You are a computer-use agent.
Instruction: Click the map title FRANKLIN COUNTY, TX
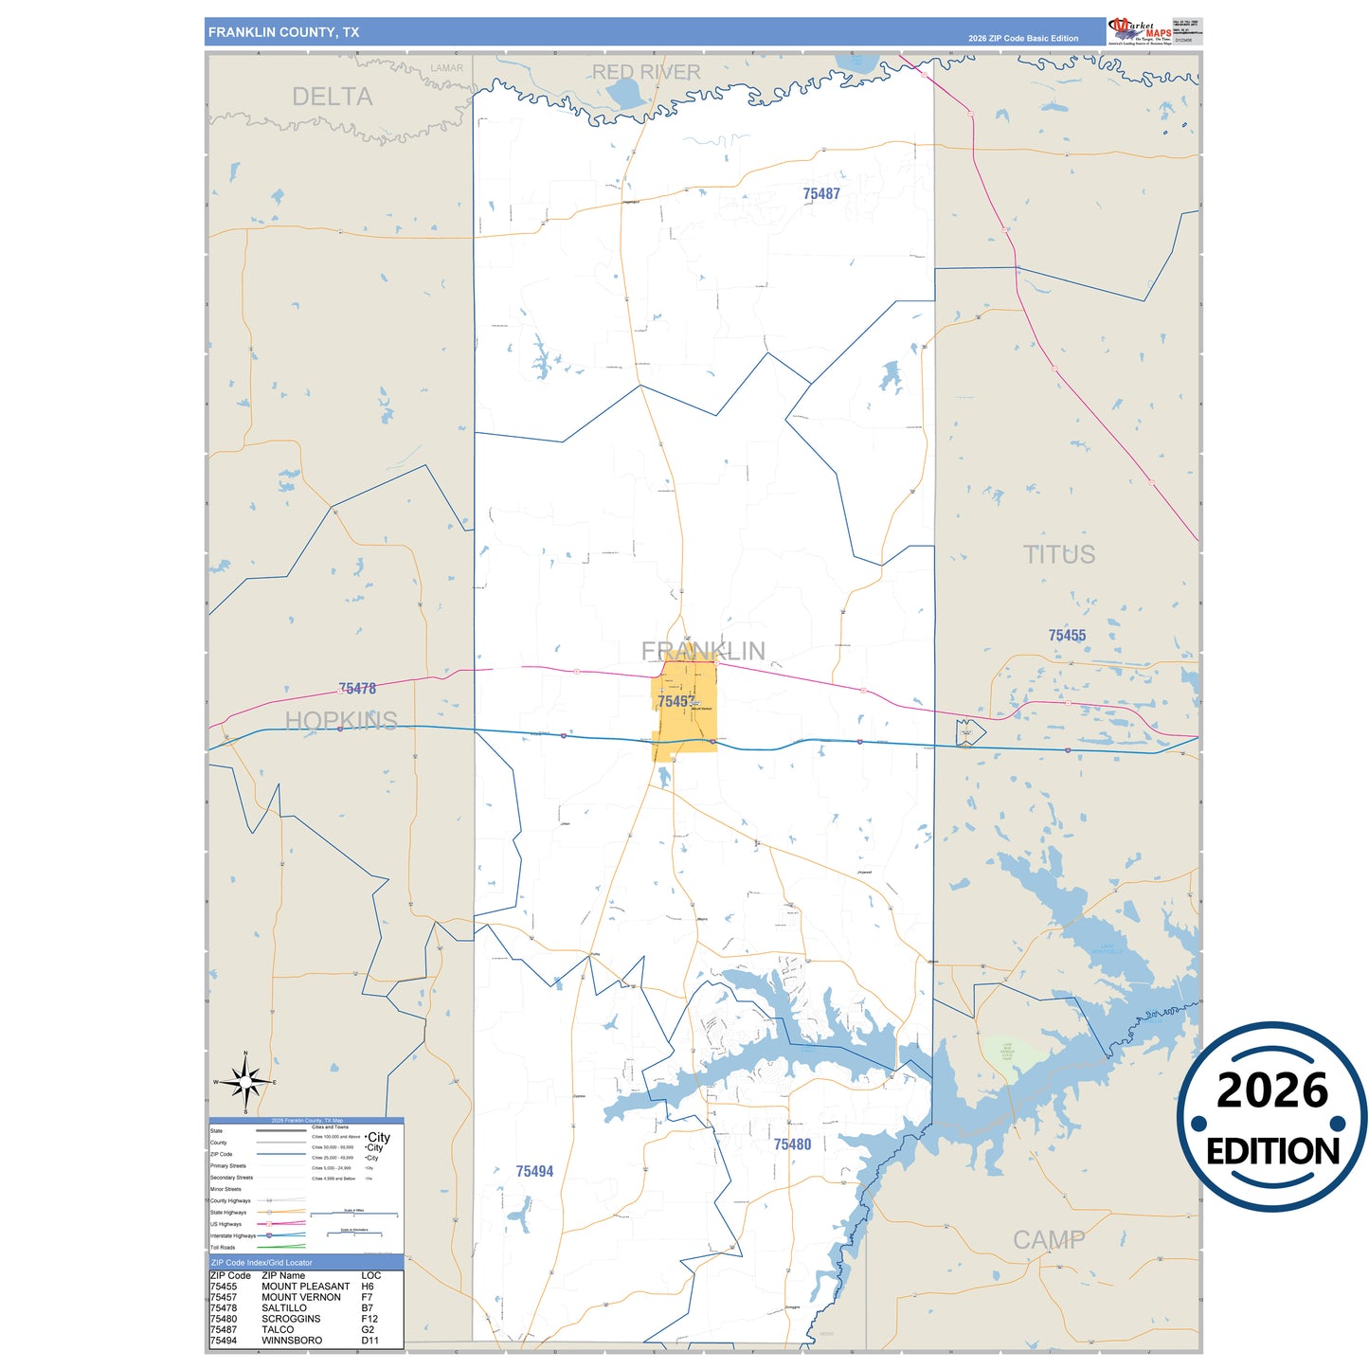pos(283,32)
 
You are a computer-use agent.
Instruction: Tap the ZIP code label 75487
pos(821,194)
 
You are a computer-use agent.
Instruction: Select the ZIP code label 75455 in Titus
pos(1067,636)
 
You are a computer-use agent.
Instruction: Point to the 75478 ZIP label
pos(357,689)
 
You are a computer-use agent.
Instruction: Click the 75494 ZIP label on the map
pos(534,1172)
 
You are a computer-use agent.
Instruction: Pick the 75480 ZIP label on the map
pos(792,1144)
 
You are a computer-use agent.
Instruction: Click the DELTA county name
pos(332,97)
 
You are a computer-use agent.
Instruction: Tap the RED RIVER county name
pos(646,72)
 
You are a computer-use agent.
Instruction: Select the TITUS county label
pos(1058,555)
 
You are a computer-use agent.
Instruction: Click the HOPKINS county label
pos(341,721)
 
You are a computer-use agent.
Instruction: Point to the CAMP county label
pos(1049,1240)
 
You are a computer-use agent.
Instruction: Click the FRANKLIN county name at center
pos(703,651)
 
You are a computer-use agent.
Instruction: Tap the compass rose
pos(245,1082)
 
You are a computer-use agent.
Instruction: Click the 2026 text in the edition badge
pos(1271,1090)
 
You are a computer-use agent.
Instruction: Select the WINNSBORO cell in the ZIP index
pos(292,1341)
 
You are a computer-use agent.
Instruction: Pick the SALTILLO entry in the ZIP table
pos(284,1308)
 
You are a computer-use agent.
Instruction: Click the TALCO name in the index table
pos(278,1330)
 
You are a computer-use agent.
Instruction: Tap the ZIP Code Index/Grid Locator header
pos(261,1263)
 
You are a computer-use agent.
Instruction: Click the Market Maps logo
pos(1140,30)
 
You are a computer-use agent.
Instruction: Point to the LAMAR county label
pos(446,68)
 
